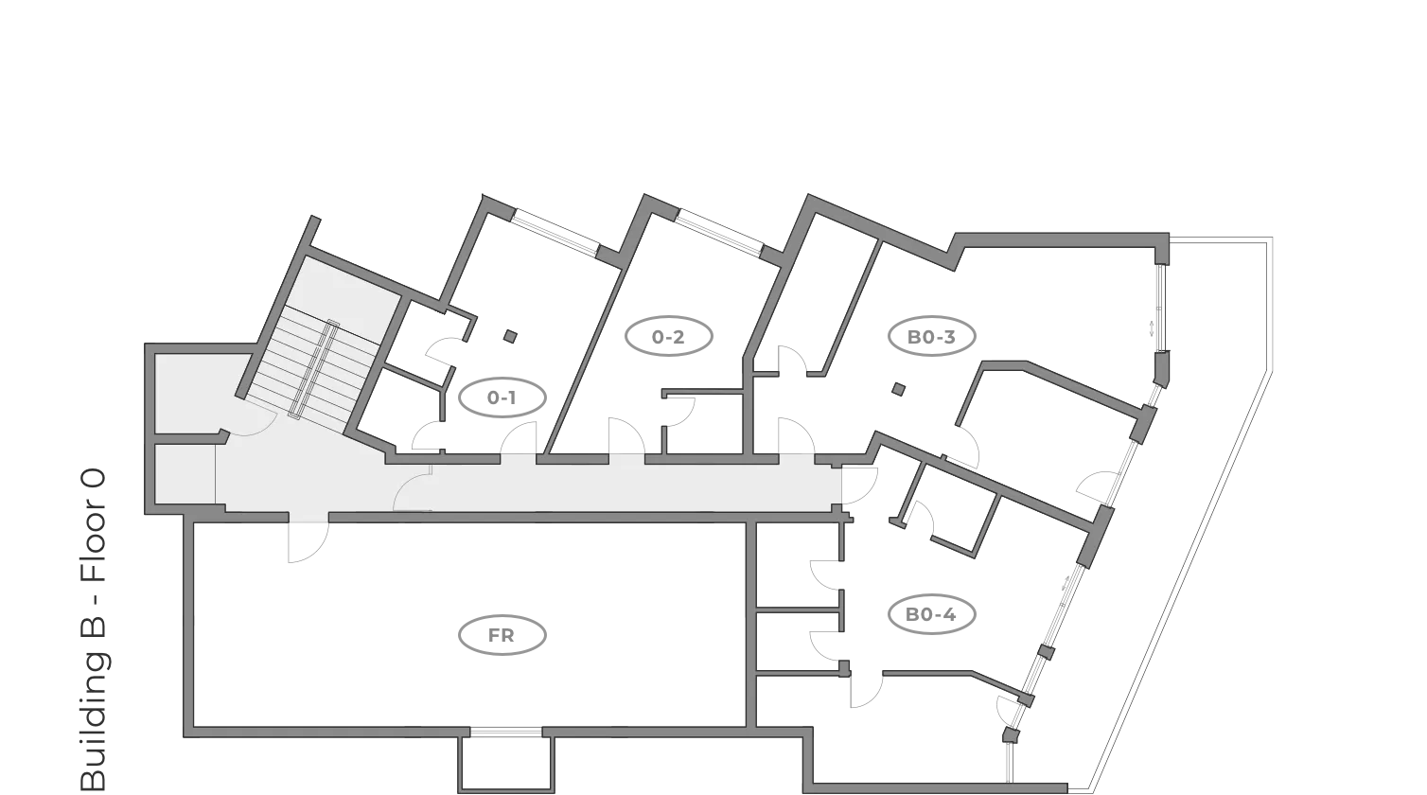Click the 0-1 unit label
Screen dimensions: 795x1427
[502, 398]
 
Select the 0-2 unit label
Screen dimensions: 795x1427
[668, 337]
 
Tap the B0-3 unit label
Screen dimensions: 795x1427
[931, 337]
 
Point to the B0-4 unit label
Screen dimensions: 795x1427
[931, 615]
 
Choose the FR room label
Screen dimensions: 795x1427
[502, 636]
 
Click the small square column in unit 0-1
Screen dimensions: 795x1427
[510, 336]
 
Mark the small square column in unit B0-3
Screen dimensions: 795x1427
[898, 388]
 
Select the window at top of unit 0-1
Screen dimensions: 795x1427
[554, 232]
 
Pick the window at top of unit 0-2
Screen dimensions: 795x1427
[718, 232]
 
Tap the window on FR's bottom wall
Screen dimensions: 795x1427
[506, 732]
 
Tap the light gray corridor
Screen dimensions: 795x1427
[615, 486]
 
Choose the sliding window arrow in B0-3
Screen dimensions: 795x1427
[1151, 329]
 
